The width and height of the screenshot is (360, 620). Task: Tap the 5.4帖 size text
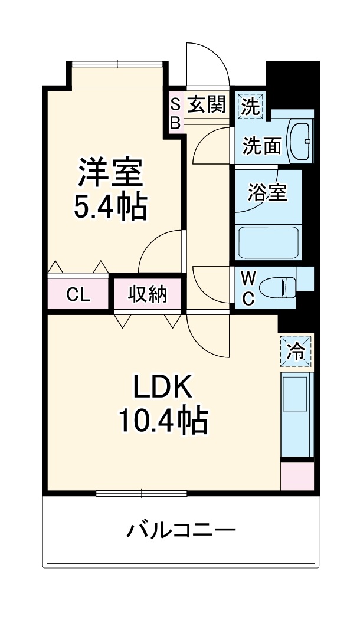(110, 206)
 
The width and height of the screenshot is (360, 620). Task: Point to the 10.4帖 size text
(163, 421)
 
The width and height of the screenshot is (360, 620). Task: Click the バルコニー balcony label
(181, 530)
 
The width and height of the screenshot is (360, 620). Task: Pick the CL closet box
(78, 294)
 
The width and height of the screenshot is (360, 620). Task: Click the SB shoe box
(175, 113)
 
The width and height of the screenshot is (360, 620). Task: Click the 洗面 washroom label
(262, 145)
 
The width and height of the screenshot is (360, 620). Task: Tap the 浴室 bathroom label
(267, 192)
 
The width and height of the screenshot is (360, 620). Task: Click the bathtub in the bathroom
(267, 242)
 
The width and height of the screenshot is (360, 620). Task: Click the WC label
(248, 288)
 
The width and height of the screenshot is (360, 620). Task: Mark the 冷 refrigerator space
(296, 352)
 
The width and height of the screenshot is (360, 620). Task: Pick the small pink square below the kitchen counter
(297, 477)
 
